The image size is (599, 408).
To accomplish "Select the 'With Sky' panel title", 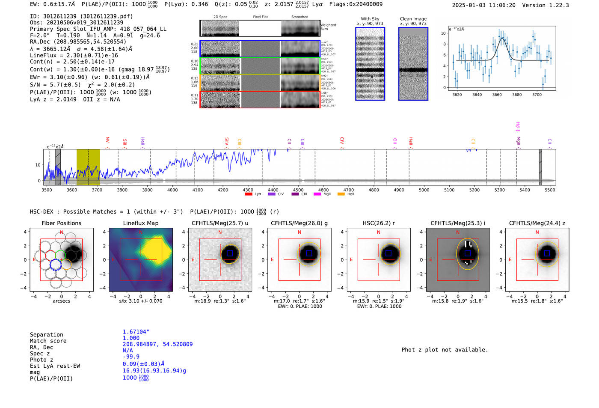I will pos(370,19).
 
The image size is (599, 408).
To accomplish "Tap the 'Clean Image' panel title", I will pos(413,19).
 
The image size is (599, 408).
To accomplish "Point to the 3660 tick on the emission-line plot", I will pos(497,95).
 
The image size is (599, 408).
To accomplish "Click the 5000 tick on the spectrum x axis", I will pos(424,190).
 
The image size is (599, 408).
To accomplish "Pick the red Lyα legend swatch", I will pos(248,194).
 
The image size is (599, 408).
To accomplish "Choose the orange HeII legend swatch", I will pos(341,194).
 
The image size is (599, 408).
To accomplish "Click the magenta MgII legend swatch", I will pos(317,194).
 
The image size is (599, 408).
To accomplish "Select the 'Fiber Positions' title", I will pos(61,223).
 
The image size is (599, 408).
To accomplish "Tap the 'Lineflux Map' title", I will pos(140,223).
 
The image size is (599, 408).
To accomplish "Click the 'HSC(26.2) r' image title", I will pos(378,223).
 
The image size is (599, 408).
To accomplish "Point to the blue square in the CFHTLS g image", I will pos(309,253).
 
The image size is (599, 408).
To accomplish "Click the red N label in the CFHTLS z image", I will pos(537,232).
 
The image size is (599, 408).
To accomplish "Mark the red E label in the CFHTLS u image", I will pos(193,260).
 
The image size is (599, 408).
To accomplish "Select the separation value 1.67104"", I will pos(136,332).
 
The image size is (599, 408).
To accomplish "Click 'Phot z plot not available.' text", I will pos(445,350).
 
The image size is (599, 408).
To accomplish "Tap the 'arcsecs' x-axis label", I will pos(61,301).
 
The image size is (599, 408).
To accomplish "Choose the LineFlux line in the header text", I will pos(74,55).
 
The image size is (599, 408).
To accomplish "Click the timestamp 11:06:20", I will pos(500,5).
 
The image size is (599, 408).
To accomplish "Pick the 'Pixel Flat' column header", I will pos(260,17).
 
